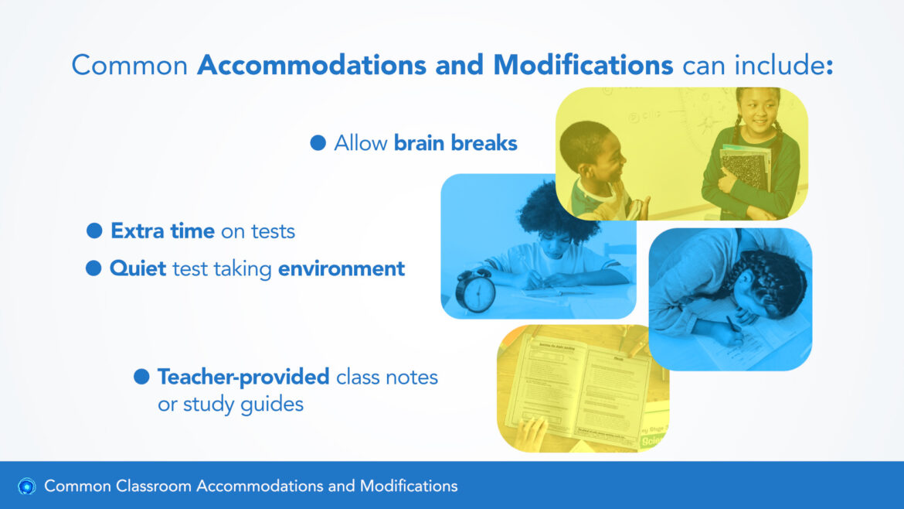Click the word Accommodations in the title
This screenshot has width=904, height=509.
311,65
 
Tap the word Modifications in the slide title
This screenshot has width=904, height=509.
583,65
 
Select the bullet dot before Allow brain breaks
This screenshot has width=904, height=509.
318,142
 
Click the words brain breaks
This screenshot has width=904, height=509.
455,142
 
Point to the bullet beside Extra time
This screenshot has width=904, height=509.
94,231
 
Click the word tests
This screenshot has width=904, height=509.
273,231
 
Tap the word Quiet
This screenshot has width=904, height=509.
138,268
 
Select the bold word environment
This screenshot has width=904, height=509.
342,268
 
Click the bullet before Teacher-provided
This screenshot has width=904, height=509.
141,377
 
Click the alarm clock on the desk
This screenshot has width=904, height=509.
476,290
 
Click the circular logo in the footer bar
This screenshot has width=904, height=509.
26,487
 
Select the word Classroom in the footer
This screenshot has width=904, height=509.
154,486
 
